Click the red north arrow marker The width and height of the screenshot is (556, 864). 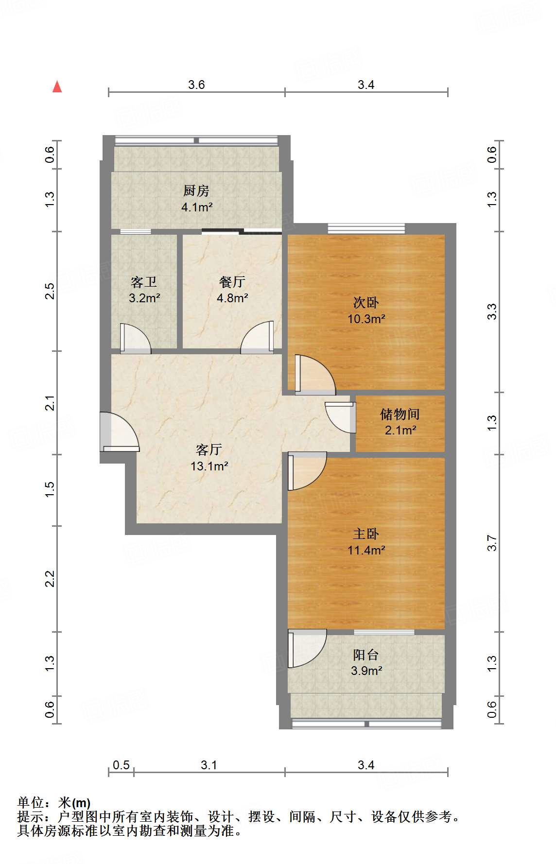[x=57, y=86]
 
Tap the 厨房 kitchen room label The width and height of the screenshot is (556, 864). [x=196, y=190]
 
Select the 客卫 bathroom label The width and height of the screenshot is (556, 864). [x=144, y=282]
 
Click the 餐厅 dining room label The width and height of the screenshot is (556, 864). [x=232, y=282]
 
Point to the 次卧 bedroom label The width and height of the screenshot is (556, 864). [x=366, y=303]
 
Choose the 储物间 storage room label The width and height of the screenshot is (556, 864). [x=400, y=414]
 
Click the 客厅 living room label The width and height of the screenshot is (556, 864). [x=209, y=449]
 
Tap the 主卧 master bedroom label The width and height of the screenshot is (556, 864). [x=366, y=534]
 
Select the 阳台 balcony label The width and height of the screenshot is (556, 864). [x=366, y=655]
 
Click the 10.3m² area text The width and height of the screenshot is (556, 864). [x=366, y=319]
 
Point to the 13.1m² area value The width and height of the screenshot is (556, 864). [x=209, y=466]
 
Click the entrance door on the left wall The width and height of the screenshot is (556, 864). [x=120, y=432]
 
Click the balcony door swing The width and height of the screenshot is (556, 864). [x=307, y=649]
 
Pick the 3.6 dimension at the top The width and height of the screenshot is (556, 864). [x=196, y=85]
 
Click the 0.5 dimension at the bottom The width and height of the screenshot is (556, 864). [x=121, y=765]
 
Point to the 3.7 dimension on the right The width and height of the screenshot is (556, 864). [x=492, y=543]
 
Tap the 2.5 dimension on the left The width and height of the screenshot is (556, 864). [x=50, y=291]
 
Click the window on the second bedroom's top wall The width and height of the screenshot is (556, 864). [x=366, y=228]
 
